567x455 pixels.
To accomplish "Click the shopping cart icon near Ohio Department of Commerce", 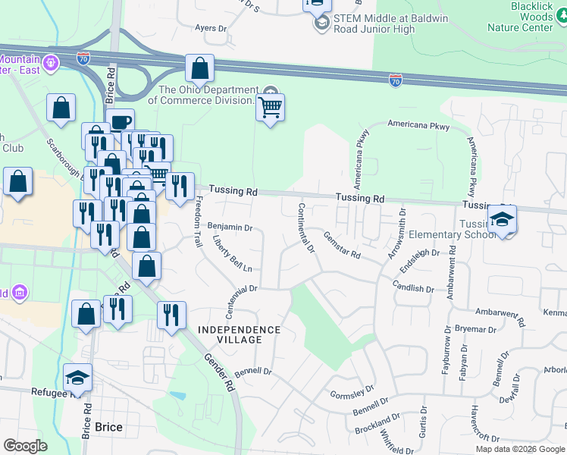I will point(270,108).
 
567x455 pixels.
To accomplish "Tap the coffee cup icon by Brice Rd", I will point(120,122).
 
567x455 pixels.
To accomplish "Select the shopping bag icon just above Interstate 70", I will point(199,69).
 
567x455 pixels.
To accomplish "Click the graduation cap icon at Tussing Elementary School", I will point(500,219).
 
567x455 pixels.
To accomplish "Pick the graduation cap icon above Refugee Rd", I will point(77,378).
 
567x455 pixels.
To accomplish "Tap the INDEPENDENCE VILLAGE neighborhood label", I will point(240,334).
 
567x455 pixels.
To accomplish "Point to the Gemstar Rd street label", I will point(342,247).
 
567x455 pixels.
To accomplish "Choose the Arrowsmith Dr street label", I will point(396,235).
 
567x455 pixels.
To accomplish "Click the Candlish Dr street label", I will point(413,288).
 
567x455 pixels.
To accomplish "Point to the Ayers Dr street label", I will point(211,27).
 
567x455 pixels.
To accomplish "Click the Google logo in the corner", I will point(25,446).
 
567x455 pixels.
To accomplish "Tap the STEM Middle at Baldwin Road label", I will point(374,24).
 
